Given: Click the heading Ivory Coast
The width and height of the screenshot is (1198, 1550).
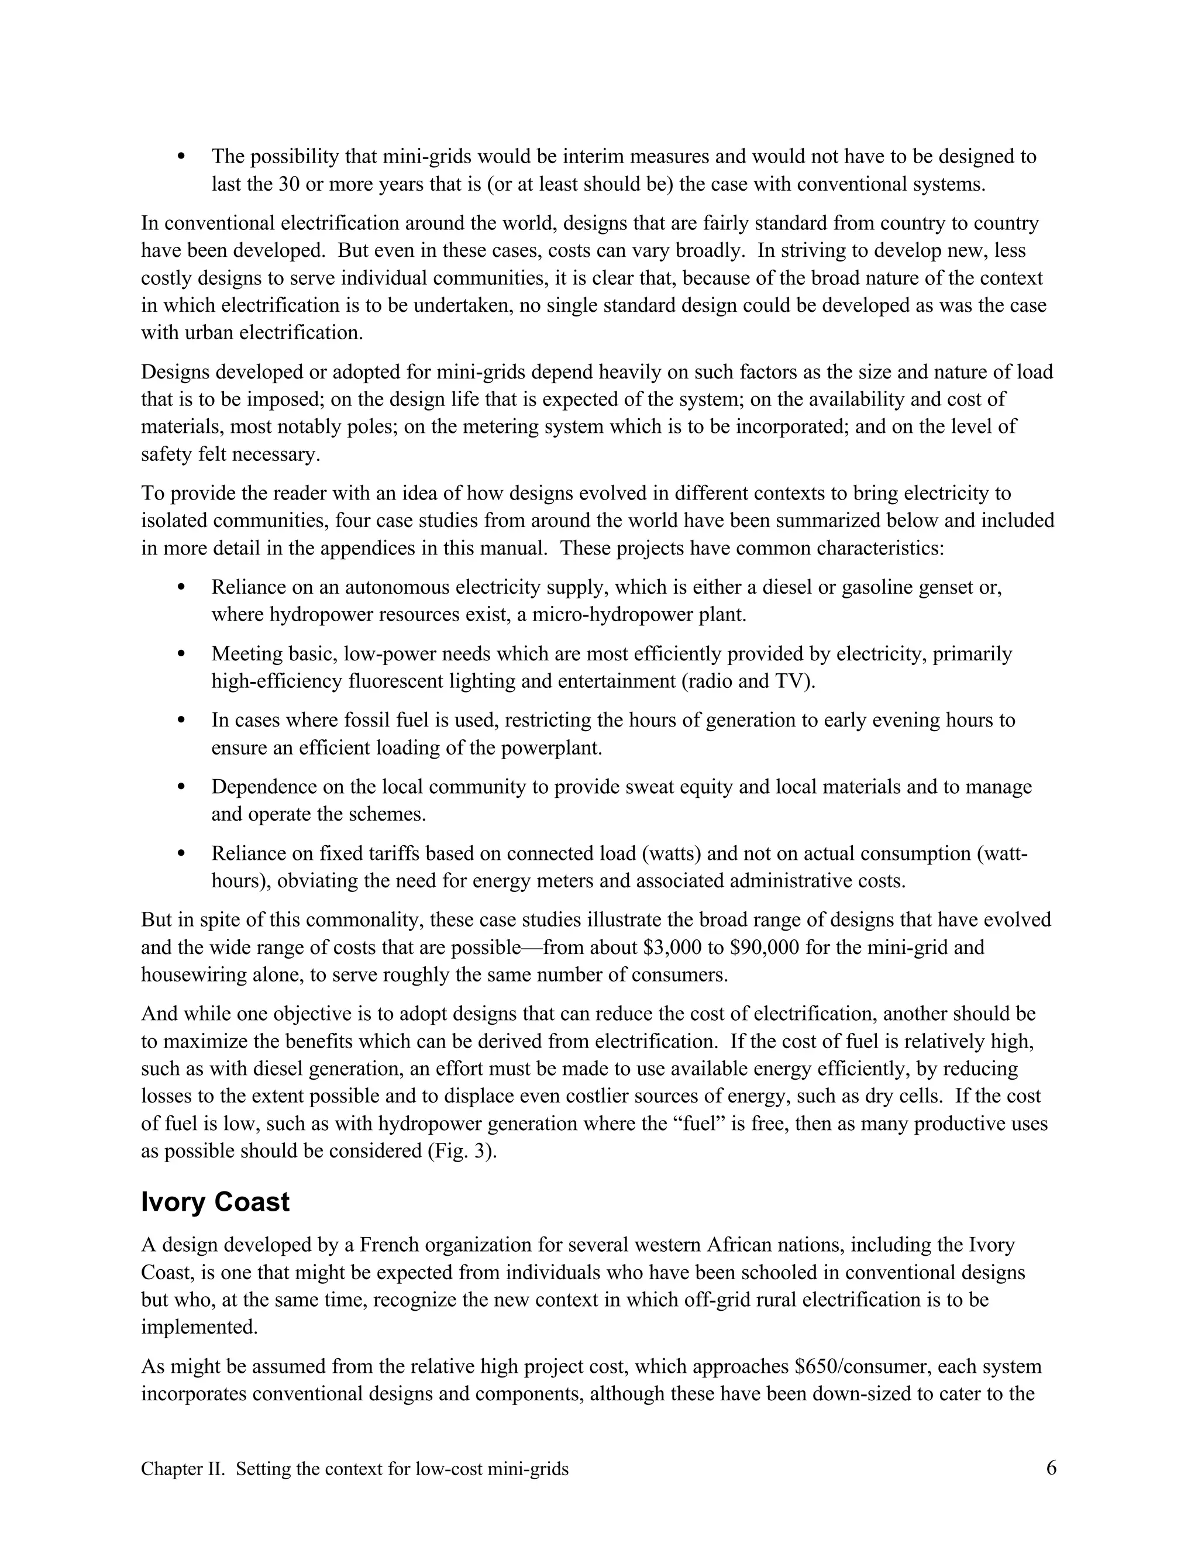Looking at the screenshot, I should coord(215,1202).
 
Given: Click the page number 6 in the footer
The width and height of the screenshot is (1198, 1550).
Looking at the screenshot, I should coord(1051,1468).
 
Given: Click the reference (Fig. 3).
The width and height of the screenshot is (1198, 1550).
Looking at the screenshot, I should coord(462,1151).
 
